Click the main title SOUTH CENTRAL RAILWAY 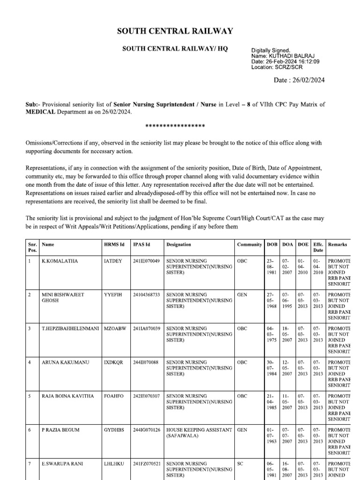(175, 31)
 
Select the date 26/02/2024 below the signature (306, 80)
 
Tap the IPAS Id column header (141, 244)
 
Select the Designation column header (179, 244)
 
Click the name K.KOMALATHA (60, 261)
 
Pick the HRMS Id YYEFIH (112, 294)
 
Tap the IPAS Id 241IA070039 (146, 329)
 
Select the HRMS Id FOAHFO (113, 396)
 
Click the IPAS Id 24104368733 (146, 294)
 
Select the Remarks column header (337, 244)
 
